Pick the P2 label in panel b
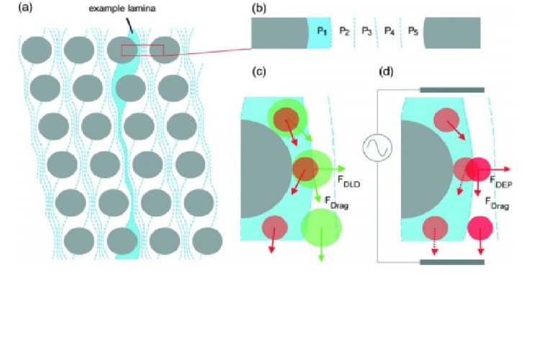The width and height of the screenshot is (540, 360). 344,32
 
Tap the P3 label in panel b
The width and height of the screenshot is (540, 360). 366,32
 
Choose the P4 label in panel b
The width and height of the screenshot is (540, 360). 390,32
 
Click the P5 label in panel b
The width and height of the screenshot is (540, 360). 413,32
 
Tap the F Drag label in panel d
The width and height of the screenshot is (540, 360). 498,201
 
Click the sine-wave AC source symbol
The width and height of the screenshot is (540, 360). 377,148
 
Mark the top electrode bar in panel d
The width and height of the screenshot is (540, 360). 452,90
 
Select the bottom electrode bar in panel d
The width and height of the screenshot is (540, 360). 452,262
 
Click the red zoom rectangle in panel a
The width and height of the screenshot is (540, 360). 143,50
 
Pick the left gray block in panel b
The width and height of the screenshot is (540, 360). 278,32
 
